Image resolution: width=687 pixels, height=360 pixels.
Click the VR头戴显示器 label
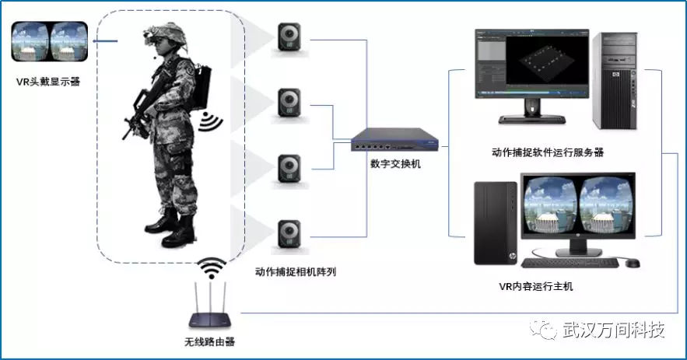(48, 82)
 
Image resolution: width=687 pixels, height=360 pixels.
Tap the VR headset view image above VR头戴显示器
(50, 41)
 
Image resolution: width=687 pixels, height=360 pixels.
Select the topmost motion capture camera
(289, 37)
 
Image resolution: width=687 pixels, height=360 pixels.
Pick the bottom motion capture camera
(289, 235)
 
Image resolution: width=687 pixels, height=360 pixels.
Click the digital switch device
(394, 140)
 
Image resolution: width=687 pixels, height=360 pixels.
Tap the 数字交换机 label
(395, 164)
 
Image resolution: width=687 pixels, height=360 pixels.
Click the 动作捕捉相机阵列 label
(296, 271)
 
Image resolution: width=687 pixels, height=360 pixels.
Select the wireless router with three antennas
(210, 306)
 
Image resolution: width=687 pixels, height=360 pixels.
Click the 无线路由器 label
(209, 341)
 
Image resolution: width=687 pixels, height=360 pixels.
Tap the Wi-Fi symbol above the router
(212, 267)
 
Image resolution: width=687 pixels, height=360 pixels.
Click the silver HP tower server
(615, 82)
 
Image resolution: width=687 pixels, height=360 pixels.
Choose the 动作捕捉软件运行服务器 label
(548, 152)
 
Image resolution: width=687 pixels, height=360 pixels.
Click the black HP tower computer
(496, 223)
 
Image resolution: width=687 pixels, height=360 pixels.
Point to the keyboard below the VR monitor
(570, 263)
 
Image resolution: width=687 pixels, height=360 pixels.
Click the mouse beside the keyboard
(633, 263)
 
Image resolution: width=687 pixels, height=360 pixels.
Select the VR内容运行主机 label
(535, 286)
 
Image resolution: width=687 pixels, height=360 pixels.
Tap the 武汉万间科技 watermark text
(614, 330)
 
